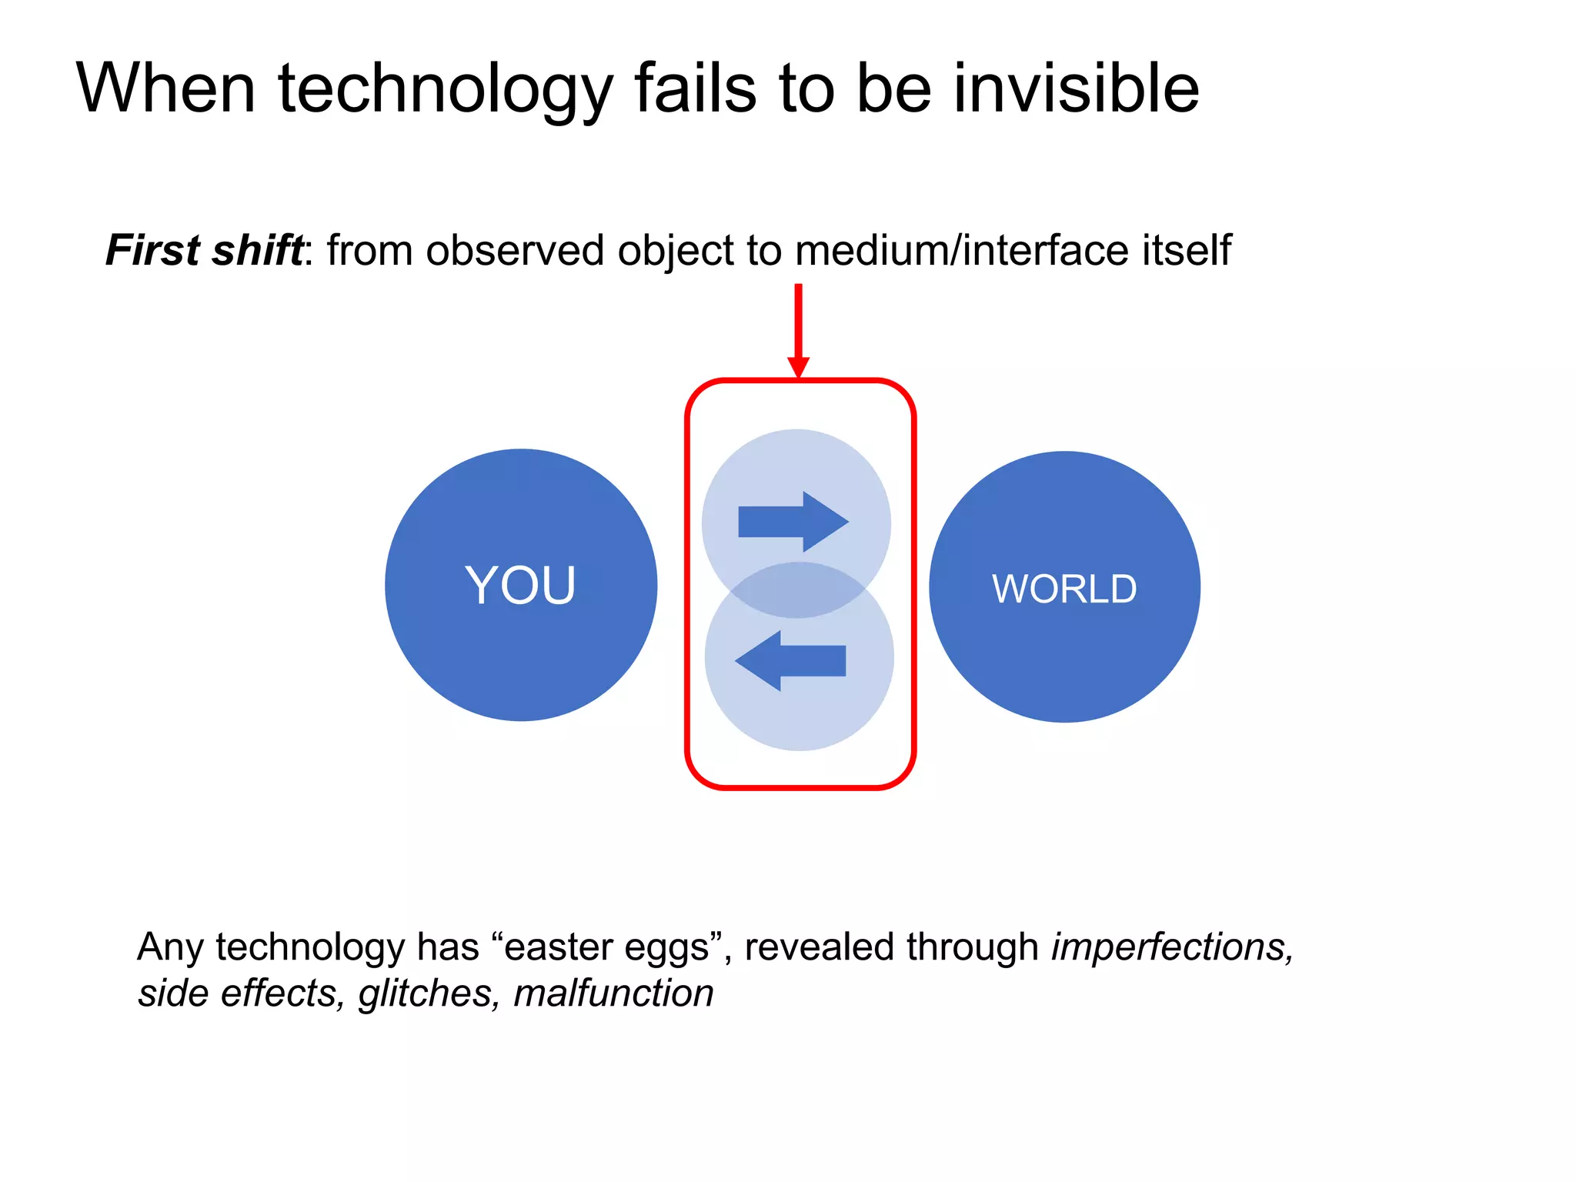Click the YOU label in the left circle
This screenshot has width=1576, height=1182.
[520, 586]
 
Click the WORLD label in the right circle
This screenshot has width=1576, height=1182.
[1063, 589]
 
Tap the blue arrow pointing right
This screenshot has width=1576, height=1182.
[793, 522]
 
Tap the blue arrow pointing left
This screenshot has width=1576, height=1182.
[791, 660]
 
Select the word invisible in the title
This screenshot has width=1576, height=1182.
[1076, 88]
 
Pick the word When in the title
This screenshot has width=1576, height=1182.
[165, 88]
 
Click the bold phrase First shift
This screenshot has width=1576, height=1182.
[204, 250]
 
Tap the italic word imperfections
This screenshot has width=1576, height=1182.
[1172, 947]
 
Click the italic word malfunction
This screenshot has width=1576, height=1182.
[613, 993]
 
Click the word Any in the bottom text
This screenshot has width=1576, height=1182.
[170, 947]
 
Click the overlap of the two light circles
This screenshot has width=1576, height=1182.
[797, 590]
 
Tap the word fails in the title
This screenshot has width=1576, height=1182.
[696, 88]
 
